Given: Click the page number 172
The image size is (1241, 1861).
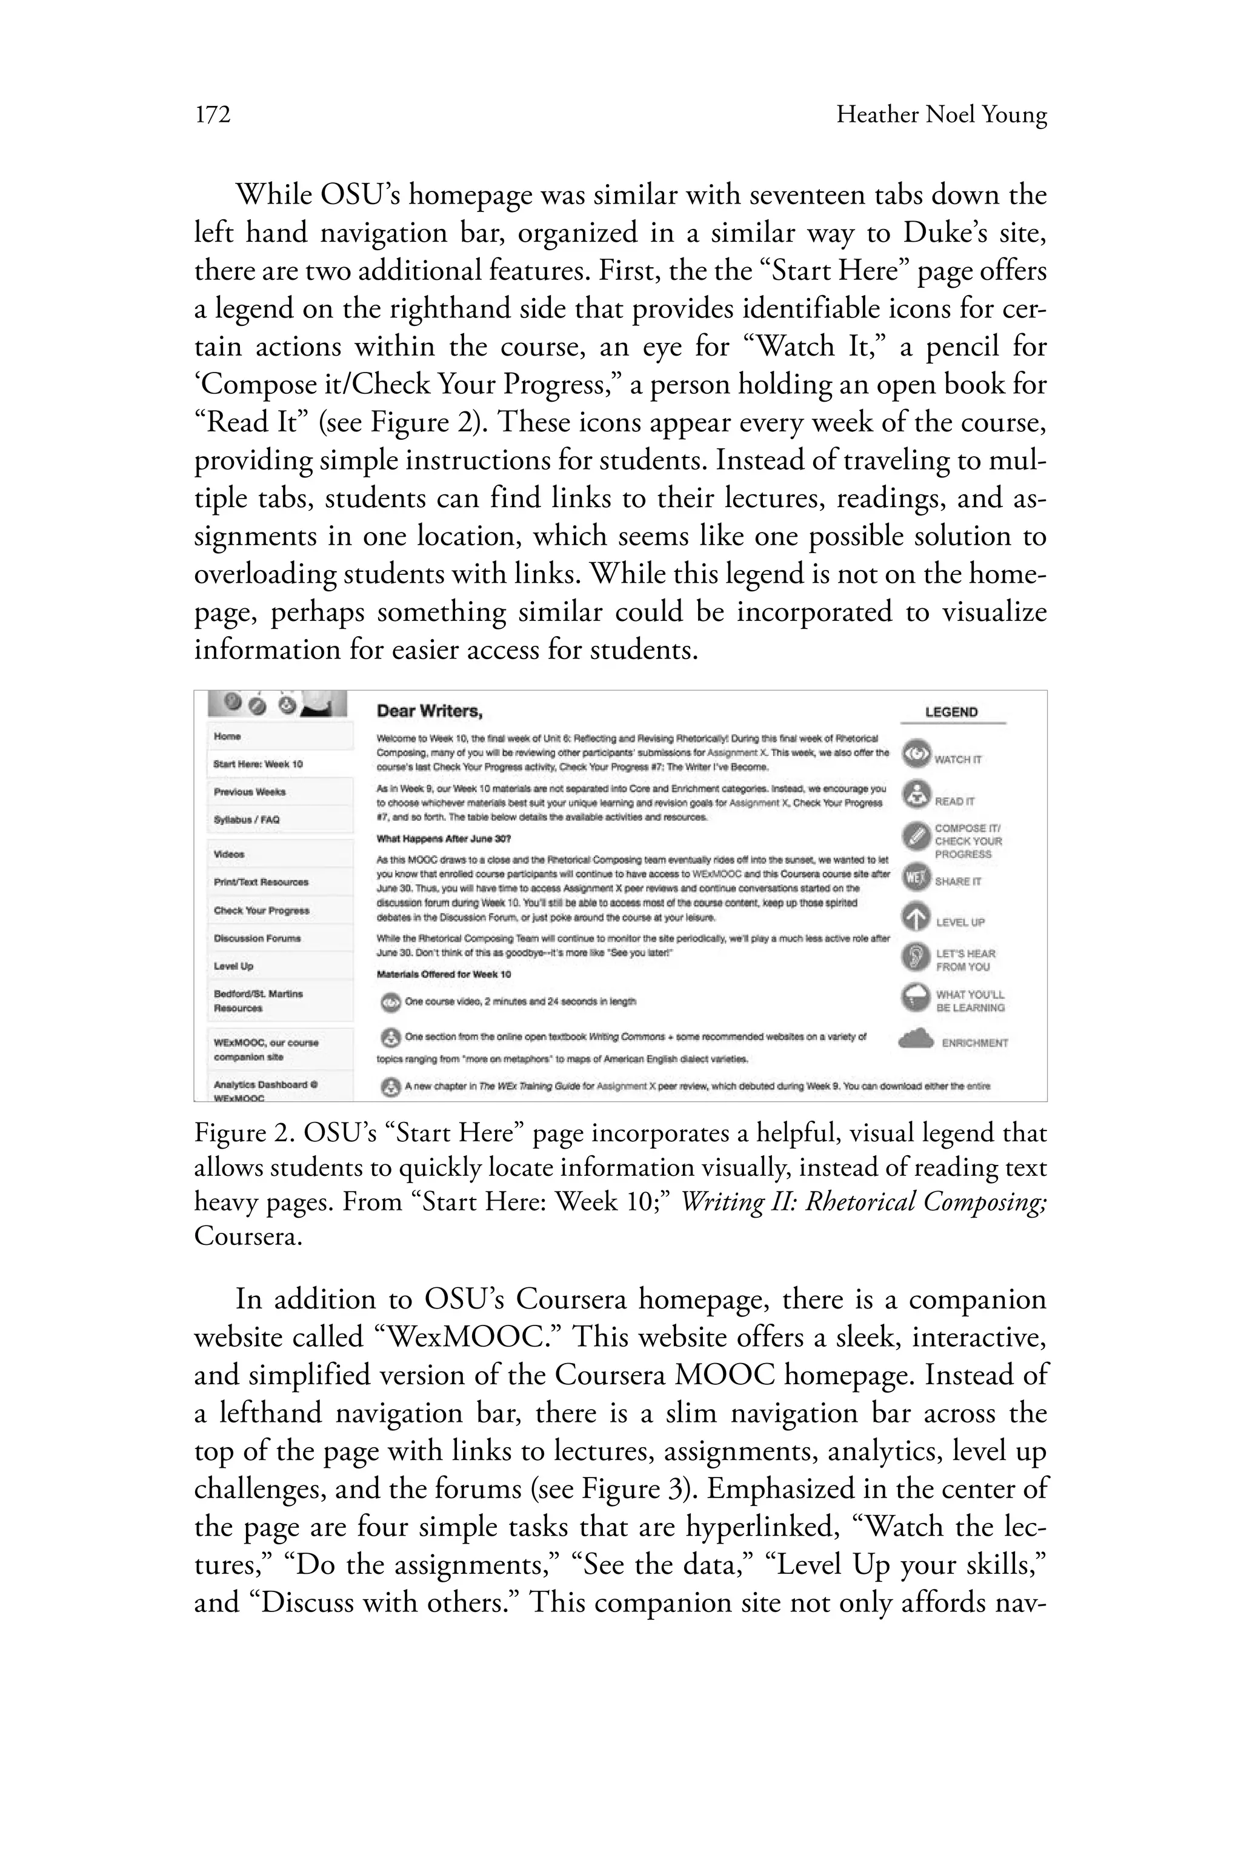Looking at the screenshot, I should [212, 116].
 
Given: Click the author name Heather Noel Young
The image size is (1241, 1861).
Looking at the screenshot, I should [941, 116].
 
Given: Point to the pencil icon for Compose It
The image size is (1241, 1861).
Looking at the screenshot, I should [916, 835].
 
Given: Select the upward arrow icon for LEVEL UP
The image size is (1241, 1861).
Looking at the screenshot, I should [916, 917].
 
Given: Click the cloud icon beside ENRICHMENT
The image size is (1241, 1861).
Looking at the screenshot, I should [916, 1039].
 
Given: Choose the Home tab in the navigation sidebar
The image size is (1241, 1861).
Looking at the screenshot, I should [227, 737].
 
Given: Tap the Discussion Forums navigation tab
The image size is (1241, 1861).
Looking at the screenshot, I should [257, 938].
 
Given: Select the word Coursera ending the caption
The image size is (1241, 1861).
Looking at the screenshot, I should [247, 1236].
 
